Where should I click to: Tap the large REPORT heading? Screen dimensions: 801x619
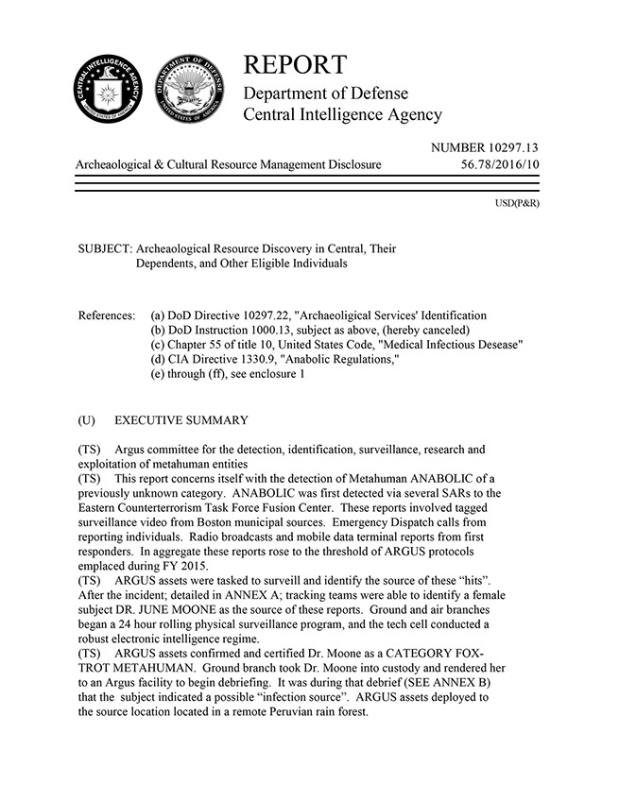click(295, 65)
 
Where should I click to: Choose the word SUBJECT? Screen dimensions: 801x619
click(105, 248)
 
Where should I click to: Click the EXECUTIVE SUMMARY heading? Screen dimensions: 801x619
click(181, 419)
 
